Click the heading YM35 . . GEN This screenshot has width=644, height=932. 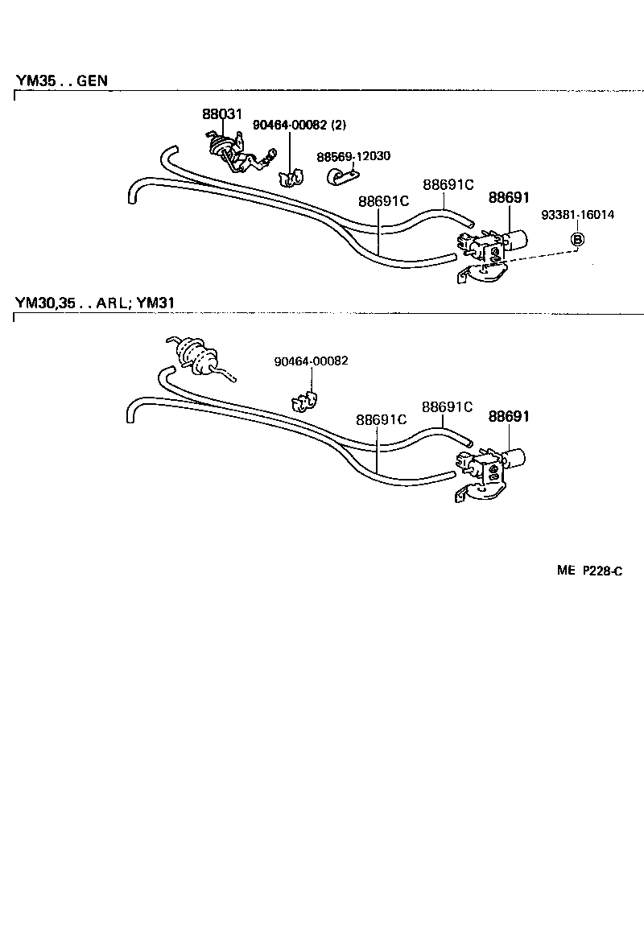(x=61, y=80)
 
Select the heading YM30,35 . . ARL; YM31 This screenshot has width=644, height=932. (x=95, y=303)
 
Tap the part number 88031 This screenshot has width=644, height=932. (x=221, y=115)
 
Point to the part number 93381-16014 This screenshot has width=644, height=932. (x=577, y=215)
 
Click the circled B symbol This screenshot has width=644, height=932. (x=578, y=239)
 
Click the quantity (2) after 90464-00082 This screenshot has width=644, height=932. (x=339, y=125)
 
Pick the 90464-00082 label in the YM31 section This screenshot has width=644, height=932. (x=311, y=361)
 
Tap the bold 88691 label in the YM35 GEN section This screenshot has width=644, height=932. (x=508, y=197)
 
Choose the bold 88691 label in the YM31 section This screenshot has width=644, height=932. (x=509, y=416)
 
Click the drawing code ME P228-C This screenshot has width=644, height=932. (x=589, y=571)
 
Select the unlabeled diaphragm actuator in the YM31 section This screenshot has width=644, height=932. (x=193, y=356)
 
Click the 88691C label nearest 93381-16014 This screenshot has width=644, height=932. (x=448, y=184)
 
